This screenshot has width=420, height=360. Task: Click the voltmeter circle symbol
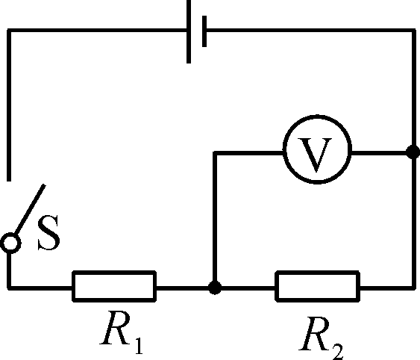(317, 116)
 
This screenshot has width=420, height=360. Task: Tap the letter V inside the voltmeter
(316, 155)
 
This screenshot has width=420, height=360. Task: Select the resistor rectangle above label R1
(114, 273)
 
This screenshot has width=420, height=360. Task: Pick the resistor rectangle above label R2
(317, 273)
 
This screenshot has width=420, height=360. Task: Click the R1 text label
(122, 332)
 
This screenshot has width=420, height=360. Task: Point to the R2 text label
(322, 338)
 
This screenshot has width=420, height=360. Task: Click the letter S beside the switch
(48, 233)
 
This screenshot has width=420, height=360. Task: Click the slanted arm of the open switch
(29, 209)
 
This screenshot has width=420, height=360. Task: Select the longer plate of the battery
(189, 31)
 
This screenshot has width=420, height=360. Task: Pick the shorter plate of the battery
(204, 31)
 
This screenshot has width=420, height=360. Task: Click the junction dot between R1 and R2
(215, 288)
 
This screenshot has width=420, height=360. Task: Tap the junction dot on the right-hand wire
(413, 152)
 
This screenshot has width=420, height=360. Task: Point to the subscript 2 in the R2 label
(338, 350)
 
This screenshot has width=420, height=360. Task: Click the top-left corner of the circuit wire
(9, 31)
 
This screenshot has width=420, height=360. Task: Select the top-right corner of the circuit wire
(413, 31)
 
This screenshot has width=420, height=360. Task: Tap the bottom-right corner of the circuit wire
(413, 288)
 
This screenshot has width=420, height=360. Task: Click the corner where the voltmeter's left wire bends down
(215, 153)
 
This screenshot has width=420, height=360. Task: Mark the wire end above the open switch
(9, 180)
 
